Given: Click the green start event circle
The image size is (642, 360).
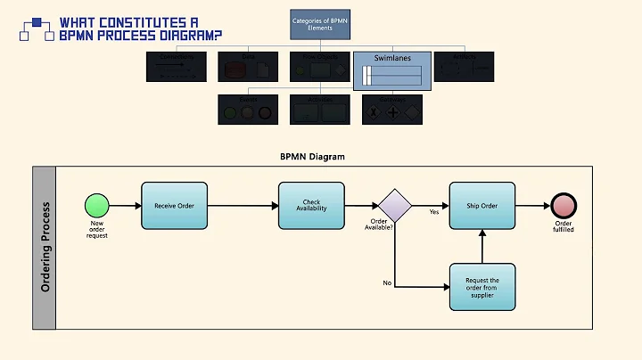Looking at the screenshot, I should coord(96,206).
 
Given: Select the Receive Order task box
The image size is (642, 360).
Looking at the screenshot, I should coord(175,205).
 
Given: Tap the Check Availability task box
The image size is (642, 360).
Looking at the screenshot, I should coord(311,205).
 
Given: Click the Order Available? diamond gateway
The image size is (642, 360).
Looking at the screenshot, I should coord(394,205).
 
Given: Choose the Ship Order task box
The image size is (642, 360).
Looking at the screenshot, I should coord(482,205).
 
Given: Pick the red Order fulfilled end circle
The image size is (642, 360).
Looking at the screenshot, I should coord(564,206).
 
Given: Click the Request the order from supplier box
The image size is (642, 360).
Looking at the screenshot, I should coord(482,287).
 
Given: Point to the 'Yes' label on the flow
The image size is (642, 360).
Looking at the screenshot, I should coord(434,212).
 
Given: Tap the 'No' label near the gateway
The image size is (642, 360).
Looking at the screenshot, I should coord(387,282).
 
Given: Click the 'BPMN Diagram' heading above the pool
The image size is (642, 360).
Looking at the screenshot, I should coord(312,157).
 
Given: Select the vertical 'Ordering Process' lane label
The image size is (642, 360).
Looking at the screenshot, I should coord(45,248).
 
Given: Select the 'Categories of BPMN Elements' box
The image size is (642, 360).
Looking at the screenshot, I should coord(319,23).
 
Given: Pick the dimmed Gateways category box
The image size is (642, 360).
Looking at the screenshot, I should coord(392,108).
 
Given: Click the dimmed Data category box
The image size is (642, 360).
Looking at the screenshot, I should coord(248,67).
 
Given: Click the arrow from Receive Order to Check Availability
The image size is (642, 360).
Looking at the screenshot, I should coord(243,206).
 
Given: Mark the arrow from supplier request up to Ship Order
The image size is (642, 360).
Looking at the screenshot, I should coord(482,246).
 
